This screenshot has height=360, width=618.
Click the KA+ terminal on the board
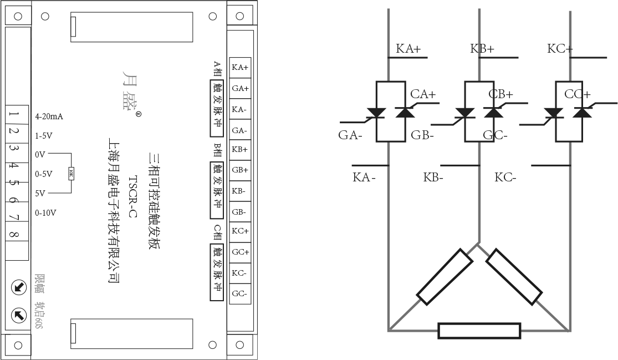pyautogui.click(x=240, y=68)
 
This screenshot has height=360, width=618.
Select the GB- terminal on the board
pyautogui.click(x=240, y=212)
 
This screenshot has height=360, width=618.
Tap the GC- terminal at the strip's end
pyautogui.click(x=240, y=293)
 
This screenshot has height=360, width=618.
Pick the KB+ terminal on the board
pyautogui.click(x=240, y=149)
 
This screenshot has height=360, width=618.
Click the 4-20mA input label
pyautogui.click(x=49, y=116)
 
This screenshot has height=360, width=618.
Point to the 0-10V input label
pyautogui.click(x=45, y=212)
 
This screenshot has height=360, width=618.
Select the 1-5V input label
pyautogui.click(x=44, y=135)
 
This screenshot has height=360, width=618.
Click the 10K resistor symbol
pyautogui.click(x=70, y=174)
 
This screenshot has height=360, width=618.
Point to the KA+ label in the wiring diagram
pyautogui.click(x=408, y=49)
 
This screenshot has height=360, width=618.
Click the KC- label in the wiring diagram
pyautogui.click(x=505, y=178)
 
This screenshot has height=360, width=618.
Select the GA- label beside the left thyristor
pyautogui.click(x=350, y=135)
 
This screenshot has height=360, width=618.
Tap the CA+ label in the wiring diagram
pyautogui.click(x=423, y=94)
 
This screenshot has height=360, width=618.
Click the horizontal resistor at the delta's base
pyautogui.click(x=479, y=331)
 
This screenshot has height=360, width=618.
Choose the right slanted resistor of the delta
pyautogui.click(x=514, y=277)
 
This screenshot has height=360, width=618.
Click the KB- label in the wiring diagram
pyautogui.click(x=433, y=178)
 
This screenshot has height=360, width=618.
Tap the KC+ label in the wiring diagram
pyautogui.click(x=560, y=49)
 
